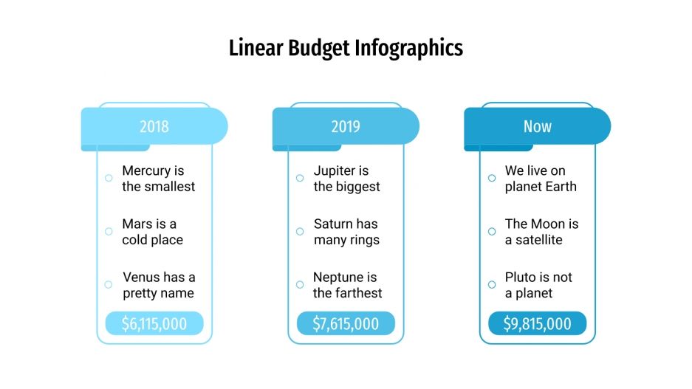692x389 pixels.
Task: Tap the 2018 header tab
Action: click(154, 126)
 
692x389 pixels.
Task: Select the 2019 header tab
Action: click(346, 126)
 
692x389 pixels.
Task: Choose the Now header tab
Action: click(537, 126)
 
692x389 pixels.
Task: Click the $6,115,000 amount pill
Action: click(154, 323)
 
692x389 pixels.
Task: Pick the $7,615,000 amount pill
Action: click(346, 323)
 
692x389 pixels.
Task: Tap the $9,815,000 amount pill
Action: click(537, 323)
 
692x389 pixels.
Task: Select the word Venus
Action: click(142, 278)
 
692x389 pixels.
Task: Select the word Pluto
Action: click(521, 278)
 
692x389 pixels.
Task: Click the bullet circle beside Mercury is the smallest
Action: click(109, 178)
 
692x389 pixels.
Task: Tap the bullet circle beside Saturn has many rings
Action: click(300, 231)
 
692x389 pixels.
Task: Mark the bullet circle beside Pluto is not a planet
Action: click(492, 284)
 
